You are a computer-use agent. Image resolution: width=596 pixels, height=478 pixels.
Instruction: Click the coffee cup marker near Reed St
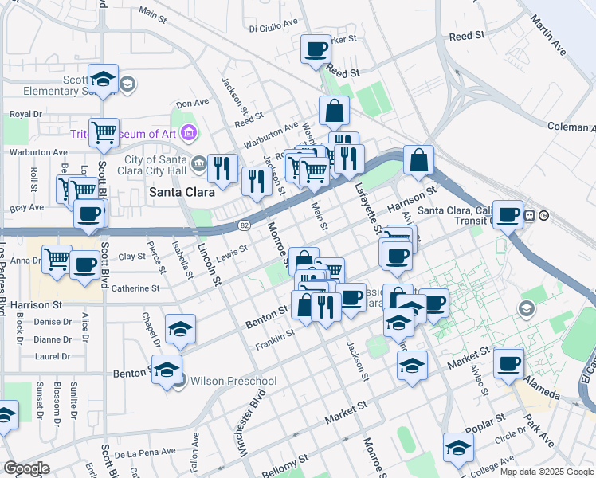click(x=316, y=49)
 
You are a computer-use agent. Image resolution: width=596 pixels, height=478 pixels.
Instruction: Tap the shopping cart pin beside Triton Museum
click(x=104, y=133)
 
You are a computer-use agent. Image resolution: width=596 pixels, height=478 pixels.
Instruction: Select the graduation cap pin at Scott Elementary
click(x=103, y=78)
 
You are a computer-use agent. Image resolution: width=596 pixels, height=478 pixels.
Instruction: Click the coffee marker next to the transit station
click(x=507, y=214)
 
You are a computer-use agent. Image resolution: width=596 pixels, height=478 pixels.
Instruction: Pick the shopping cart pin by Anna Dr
click(x=57, y=259)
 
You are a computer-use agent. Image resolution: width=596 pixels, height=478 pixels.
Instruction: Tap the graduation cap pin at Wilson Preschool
click(x=167, y=370)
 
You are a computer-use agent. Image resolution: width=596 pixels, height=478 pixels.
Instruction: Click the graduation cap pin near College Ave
click(x=458, y=448)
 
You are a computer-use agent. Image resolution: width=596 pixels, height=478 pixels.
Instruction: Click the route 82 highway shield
click(x=245, y=225)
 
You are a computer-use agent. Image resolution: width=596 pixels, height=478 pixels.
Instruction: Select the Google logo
click(x=27, y=468)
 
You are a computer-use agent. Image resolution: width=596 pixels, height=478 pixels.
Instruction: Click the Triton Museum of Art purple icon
click(x=189, y=131)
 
